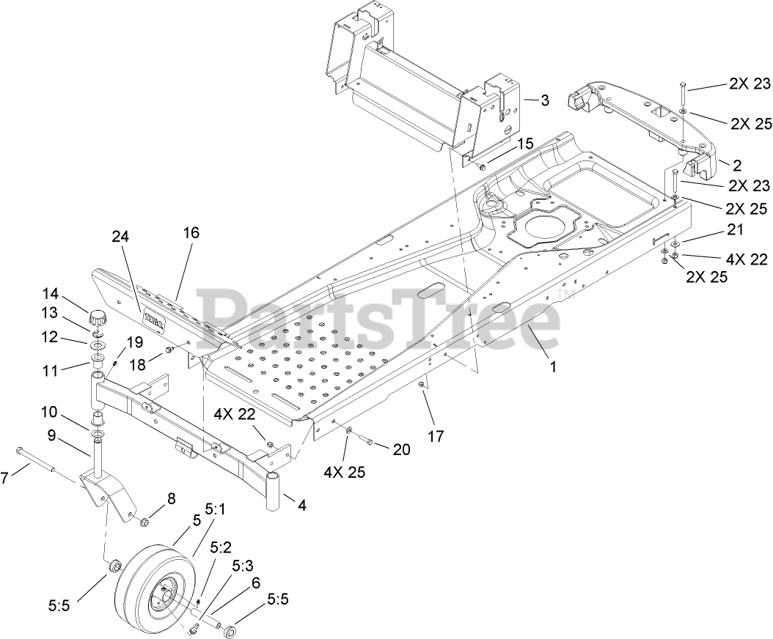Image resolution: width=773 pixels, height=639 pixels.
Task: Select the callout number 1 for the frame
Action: pos(553,367)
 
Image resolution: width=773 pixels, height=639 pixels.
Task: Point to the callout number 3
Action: pos(544,100)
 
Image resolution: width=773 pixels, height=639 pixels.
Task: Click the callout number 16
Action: pos(191,233)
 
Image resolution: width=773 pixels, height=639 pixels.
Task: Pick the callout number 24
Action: pos(121,237)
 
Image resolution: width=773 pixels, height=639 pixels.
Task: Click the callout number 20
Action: pos(401,449)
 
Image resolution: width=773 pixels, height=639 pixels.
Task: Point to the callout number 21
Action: pos(736,230)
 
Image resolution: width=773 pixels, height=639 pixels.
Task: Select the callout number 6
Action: pos(256,583)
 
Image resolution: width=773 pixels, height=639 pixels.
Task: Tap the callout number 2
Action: pos(736,164)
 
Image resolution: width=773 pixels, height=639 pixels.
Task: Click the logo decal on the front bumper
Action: pos(153,321)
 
